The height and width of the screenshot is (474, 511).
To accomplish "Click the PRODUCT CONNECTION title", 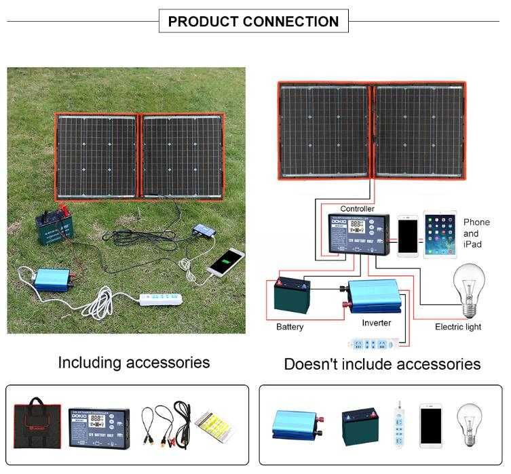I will click(x=253, y=21).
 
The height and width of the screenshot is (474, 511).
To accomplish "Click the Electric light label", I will click(x=458, y=327).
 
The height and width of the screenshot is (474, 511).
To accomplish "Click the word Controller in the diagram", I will click(x=357, y=209).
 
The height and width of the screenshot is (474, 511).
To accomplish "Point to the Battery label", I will click(x=290, y=327).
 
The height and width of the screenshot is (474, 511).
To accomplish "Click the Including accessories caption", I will click(x=134, y=362).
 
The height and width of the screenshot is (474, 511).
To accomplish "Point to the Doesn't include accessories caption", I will click(x=382, y=364).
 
